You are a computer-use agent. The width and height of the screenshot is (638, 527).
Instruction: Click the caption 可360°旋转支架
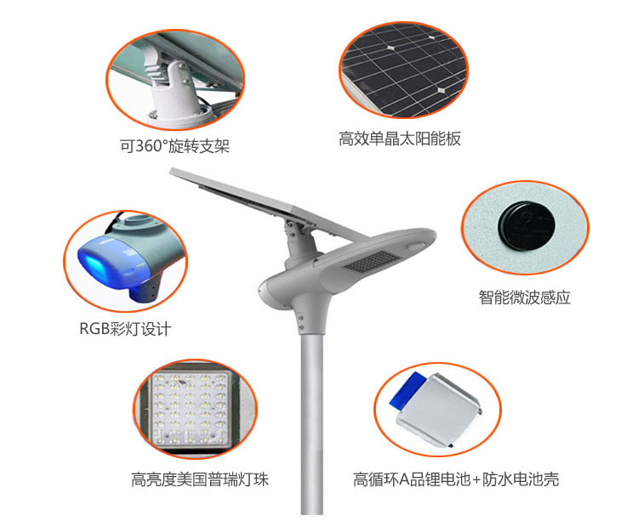pos(174,146)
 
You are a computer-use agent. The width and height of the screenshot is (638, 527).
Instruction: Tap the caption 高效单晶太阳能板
pos(400,139)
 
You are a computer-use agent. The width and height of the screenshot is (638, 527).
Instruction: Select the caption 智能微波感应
pos(525,297)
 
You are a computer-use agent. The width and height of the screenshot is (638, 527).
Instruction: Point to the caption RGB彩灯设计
pos(125,329)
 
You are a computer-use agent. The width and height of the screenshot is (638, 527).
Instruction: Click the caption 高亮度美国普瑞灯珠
pos(200,479)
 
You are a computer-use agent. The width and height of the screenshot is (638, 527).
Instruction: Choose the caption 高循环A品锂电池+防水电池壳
pos(456,479)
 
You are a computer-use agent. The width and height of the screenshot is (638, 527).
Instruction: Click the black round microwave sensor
pos(526,226)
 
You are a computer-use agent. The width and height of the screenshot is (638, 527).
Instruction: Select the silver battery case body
pos(441,410)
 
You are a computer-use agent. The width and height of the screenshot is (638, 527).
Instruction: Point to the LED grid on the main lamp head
pos(371,261)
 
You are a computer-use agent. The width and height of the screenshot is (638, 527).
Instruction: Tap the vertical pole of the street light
pos(312,423)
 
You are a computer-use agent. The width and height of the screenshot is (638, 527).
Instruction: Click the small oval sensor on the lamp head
pos(416,246)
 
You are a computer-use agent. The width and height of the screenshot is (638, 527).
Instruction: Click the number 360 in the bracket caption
pos(149,146)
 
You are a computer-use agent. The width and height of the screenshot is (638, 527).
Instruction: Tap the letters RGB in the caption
pos(94,329)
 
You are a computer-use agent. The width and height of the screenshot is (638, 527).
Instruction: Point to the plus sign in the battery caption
pos(476,480)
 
